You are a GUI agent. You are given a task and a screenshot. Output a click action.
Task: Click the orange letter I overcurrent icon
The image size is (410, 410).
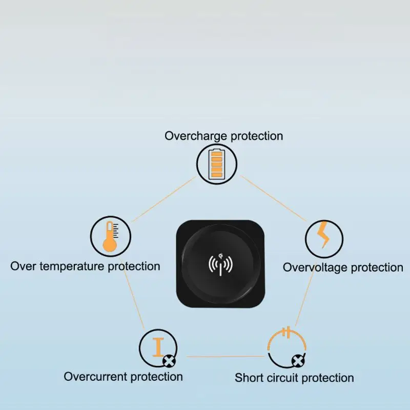coord(159,347)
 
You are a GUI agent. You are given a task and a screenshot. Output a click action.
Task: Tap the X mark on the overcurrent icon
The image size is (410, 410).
coord(168,362)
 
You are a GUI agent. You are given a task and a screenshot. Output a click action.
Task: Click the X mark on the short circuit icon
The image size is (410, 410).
coord(296,362)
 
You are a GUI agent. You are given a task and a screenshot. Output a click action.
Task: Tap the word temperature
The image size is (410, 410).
coord(73,266)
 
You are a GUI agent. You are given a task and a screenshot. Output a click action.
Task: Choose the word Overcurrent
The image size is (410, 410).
coord(95,377)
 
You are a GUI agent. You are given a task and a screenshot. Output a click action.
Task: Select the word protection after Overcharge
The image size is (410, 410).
coord(257,136)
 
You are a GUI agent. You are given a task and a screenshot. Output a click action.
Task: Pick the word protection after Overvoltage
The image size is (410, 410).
coord(374,268)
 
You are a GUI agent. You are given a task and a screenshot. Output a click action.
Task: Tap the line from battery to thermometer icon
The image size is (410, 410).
coord(163,200)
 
